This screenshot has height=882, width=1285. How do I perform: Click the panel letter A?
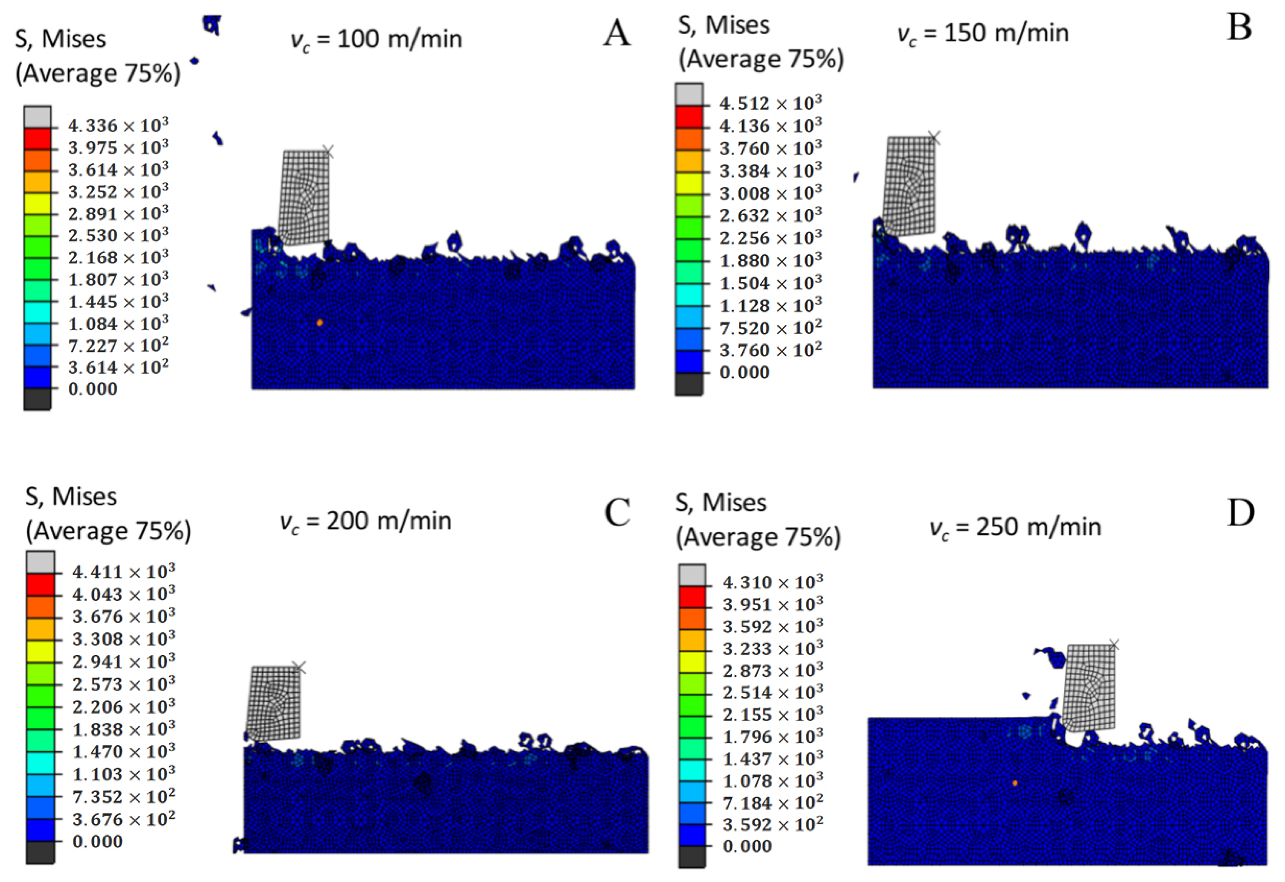617,33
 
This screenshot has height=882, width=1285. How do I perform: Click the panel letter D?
1240,513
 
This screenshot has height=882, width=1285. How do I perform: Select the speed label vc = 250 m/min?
1015,527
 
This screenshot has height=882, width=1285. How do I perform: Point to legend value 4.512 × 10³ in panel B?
770,103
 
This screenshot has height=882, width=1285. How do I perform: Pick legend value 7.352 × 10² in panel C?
123,796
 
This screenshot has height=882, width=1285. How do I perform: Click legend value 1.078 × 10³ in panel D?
772,780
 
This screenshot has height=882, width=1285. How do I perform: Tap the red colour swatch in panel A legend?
37,138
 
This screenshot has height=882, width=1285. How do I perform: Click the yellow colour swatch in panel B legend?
689,183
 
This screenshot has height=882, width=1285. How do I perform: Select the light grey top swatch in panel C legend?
40,562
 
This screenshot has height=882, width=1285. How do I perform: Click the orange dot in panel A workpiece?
320,322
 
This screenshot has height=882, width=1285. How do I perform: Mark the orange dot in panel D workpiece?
1015,783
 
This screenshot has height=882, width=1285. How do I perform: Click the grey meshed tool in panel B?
909,185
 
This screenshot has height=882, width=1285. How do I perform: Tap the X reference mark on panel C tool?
299,667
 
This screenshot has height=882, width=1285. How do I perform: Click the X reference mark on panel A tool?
328,151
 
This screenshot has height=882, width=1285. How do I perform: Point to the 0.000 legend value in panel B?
744,372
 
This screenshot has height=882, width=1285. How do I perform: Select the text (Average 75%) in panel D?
758,537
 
